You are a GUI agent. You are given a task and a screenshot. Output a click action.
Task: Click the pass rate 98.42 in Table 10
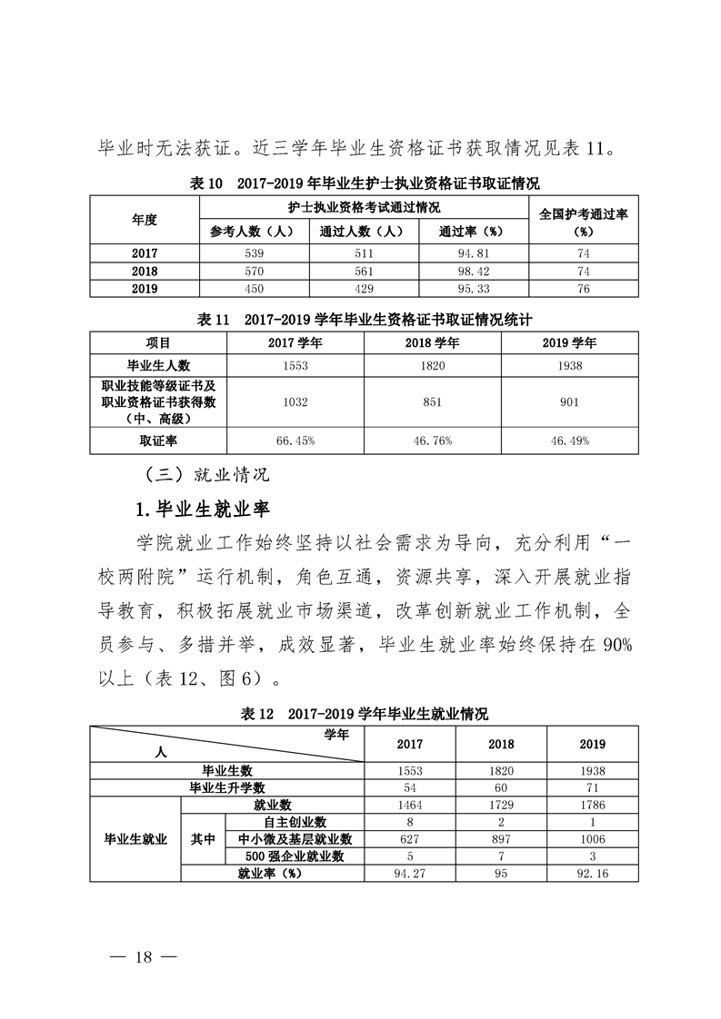pos(471,271)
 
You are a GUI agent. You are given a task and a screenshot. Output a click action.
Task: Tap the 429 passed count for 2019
pos(363,288)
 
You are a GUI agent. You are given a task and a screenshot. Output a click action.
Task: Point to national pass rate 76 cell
pos(584,288)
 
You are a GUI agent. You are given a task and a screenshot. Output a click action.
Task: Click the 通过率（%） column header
pos(471,232)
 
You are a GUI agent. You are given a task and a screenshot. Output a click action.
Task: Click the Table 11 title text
pos(364,320)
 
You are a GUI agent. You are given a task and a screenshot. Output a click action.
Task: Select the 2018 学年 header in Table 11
pos(432,342)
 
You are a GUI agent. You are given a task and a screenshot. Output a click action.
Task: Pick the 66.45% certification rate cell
pos(295,440)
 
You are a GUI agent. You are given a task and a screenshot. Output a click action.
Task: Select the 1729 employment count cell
pos(501,805)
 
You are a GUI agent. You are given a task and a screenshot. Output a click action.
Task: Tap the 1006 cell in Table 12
pos(592,838)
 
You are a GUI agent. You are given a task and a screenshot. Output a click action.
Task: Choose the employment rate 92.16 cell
pos(592,873)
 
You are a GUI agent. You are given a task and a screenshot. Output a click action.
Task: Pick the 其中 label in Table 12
pos(203,838)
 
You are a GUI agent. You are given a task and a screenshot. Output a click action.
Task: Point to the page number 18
pos(145,956)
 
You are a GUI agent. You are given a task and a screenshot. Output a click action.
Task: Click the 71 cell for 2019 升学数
pos(592,787)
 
